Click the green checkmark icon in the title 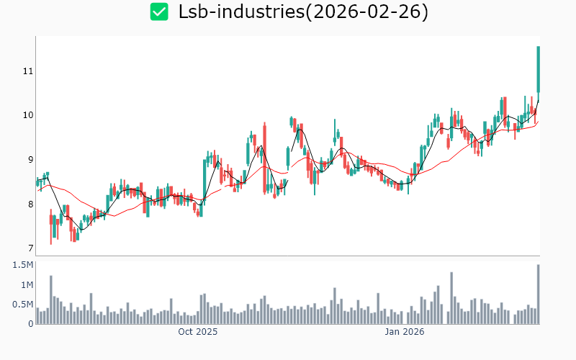158,12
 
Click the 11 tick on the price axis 28,71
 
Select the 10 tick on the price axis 28,115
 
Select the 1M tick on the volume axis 27,285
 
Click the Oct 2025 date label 197,333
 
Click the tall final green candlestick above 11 538,68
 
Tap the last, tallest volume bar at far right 538,294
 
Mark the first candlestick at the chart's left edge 37,182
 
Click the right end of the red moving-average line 538,121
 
